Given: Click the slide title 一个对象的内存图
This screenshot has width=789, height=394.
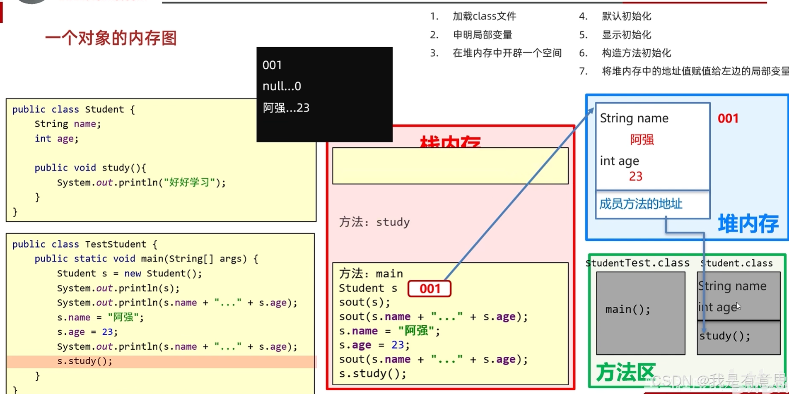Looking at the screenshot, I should click(x=111, y=38).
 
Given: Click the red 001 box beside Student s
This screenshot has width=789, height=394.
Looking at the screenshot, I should click(x=429, y=288).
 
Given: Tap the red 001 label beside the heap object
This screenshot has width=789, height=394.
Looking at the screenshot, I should click(x=728, y=119).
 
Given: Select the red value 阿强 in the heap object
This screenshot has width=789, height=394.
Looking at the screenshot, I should click(x=642, y=140).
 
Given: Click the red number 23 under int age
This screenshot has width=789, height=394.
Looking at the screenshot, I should click(x=635, y=176).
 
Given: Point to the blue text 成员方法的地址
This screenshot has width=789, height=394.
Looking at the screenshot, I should click(x=640, y=204).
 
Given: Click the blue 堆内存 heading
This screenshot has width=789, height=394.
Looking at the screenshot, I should click(x=748, y=224).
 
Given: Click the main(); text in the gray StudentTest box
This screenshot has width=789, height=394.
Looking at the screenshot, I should click(x=627, y=309).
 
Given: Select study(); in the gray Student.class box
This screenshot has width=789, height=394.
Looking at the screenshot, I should click(x=725, y=336).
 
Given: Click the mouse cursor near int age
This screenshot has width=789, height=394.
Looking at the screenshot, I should click(x=738, y=306).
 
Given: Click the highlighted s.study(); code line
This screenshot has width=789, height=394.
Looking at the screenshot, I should click(x=85, y=361).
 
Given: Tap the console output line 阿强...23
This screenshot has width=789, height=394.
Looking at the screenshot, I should click(x=286, y=108).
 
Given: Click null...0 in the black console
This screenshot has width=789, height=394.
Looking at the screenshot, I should click(x=282, y=86).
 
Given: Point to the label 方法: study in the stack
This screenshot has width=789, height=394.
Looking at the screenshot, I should click(x=374, y=222).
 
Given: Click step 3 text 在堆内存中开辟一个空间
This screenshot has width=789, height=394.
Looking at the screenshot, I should click(x=507, y=53).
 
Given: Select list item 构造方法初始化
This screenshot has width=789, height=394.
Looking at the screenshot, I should click(x=636, y=53).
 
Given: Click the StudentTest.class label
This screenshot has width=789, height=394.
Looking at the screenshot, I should click(x=638, y=263).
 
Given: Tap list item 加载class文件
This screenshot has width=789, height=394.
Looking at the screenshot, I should click(x=484, y=16).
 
